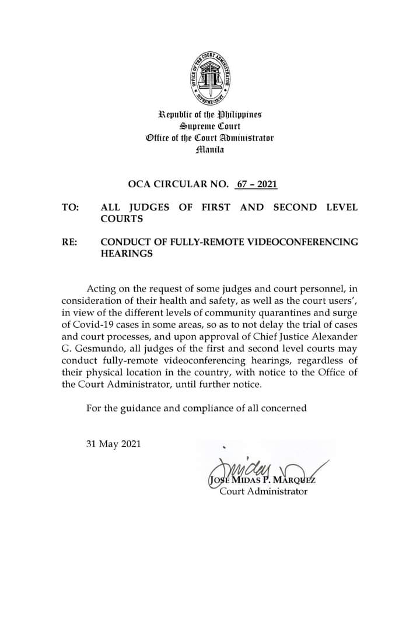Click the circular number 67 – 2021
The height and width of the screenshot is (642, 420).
(255, 185)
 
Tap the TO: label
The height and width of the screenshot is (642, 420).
(70, 208)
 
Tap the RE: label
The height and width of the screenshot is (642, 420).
(69, 242)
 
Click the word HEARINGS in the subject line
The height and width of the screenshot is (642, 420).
(127, 254)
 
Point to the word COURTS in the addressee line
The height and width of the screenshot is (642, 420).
(122, 219)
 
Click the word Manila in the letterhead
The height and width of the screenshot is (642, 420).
(209, 150)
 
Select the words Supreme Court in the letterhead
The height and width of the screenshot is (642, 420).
(209, 126)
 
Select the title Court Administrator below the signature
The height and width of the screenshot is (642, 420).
(263, 492)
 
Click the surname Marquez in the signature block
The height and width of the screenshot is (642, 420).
(292, 480)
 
